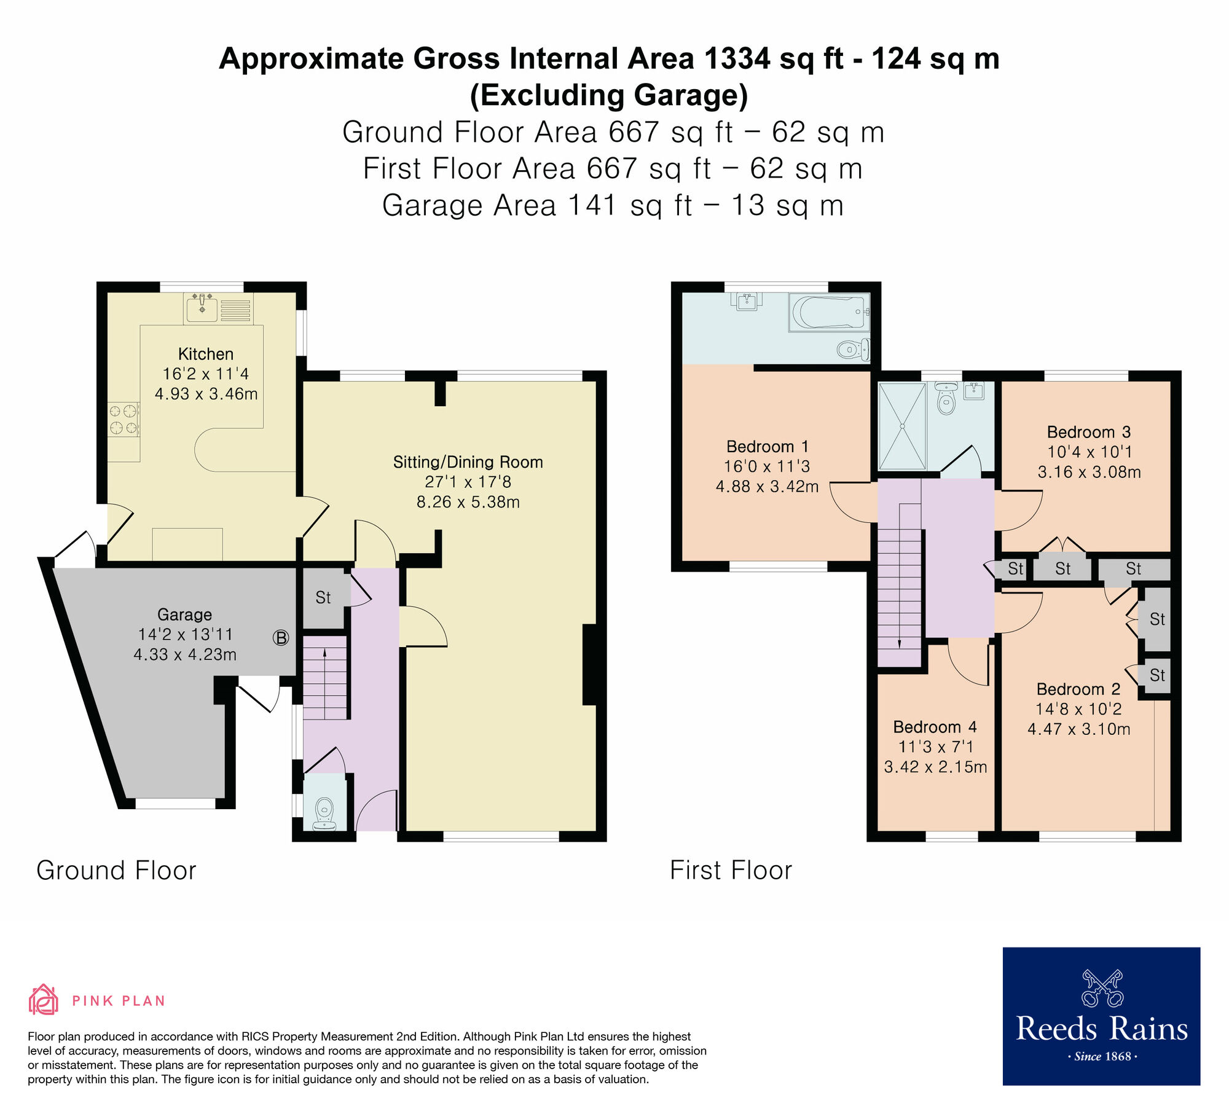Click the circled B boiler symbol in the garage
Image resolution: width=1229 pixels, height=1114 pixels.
click(x=281, y=638)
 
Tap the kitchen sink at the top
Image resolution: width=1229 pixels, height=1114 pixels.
click(x=202, y=308)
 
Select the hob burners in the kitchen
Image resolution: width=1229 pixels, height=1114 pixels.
click(x=124, y=419)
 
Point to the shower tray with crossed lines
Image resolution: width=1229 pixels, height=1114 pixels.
click(x=902, y=426)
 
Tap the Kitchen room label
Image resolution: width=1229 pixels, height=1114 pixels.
click(x=205, y=354)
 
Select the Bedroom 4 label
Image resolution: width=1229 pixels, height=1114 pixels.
click(x=935, y=727)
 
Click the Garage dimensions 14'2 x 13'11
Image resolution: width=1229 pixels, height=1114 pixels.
click(x=185, y=634)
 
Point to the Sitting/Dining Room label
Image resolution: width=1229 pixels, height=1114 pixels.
click(x=468, y=462)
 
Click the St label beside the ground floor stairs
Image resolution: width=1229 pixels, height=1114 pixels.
click(x=323, y=597)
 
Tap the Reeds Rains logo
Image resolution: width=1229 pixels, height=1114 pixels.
click(x=1101, y=1016)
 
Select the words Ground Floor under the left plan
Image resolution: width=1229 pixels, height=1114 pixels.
click(x=116, y=871)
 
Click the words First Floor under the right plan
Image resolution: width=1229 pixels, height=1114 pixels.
click(x=731, y=871)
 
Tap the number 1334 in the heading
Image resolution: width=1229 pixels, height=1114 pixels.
click(x=736, y=59)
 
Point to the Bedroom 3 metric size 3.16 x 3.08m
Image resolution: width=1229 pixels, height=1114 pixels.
click(x=1089, y=472)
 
